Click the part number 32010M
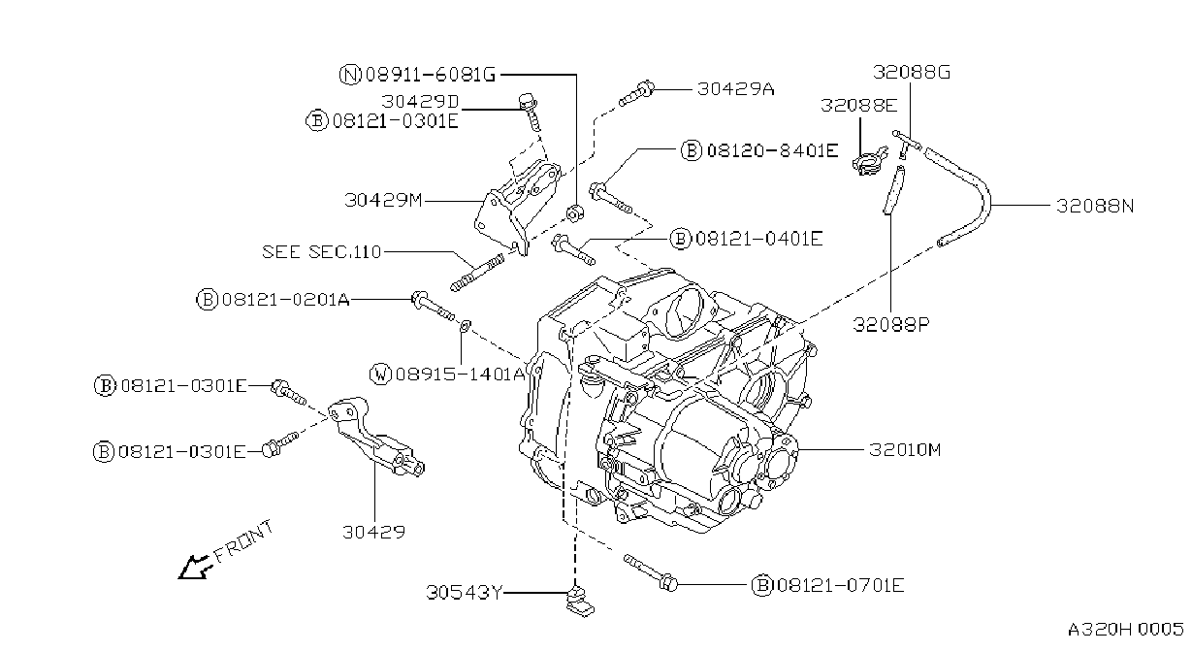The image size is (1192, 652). click(905, 450)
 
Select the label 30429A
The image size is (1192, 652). click(736, 89)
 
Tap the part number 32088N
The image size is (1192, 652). click(1095, 206)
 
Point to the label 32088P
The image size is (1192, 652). click(891, 324)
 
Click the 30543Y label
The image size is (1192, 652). click(465, 593)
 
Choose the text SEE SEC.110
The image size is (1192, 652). click(322, 251)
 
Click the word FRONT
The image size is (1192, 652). click(243, 541)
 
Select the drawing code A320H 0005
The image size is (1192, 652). click(1125, 630)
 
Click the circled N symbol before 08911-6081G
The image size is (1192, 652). click(350, 75)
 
